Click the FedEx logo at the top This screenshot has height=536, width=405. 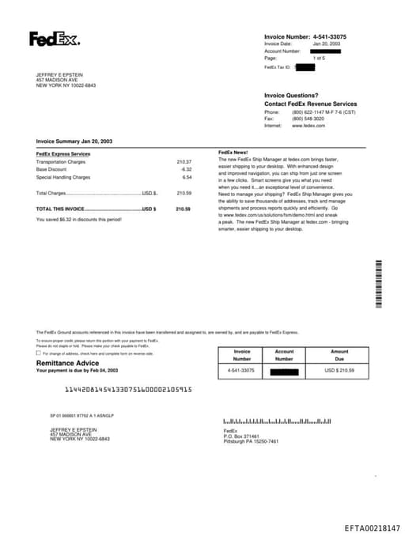pos(55,38)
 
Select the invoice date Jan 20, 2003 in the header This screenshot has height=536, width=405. pos(327,44)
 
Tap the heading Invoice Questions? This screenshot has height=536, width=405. pos(291,95)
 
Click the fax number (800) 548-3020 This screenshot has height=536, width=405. pos(308,119)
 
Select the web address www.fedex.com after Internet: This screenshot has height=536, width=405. pos(308,126)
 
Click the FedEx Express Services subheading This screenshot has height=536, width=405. pos(63,153)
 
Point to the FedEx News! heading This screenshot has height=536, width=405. pos(233,152)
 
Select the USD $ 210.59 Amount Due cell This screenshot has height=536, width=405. pos(339,370)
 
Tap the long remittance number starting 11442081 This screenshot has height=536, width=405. pos(128,390)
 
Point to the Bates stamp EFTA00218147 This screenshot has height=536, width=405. pos(372,527)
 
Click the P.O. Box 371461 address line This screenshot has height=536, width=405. pos(241,436)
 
